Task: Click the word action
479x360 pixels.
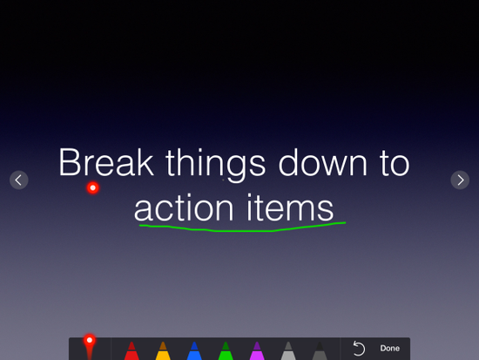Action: (x=183, y=208)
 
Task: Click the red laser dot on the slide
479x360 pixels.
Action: (x=92, y=187)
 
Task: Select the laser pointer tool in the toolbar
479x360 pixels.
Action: (x=89, y=348)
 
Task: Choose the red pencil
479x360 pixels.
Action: (x=132, y=350)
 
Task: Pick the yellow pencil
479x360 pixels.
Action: (x=163, y=350)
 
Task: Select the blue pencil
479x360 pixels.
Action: (x=194, y=350)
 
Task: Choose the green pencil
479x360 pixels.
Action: (x=226, y=350)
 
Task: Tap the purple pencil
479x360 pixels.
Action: (x=257, y=350)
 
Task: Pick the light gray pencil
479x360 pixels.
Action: (x=288, y=350)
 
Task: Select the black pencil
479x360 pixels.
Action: (x=320, y=350)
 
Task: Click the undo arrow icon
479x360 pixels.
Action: (x=359, y=349)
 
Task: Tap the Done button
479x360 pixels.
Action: (x=390, y=349)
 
